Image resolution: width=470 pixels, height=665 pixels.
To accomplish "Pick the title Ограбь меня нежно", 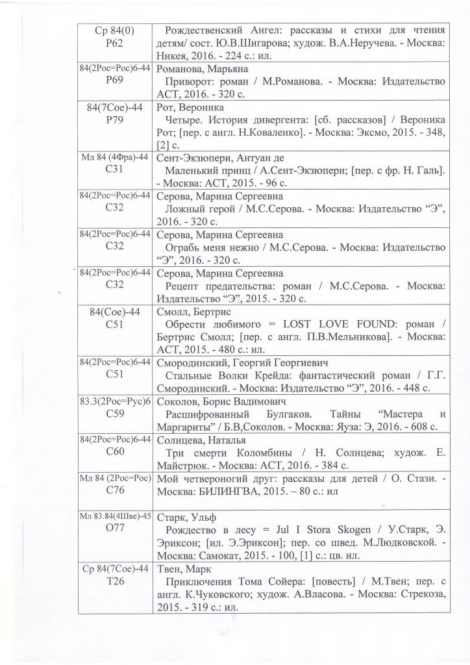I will pyautogui.click(x=214, y=247).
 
